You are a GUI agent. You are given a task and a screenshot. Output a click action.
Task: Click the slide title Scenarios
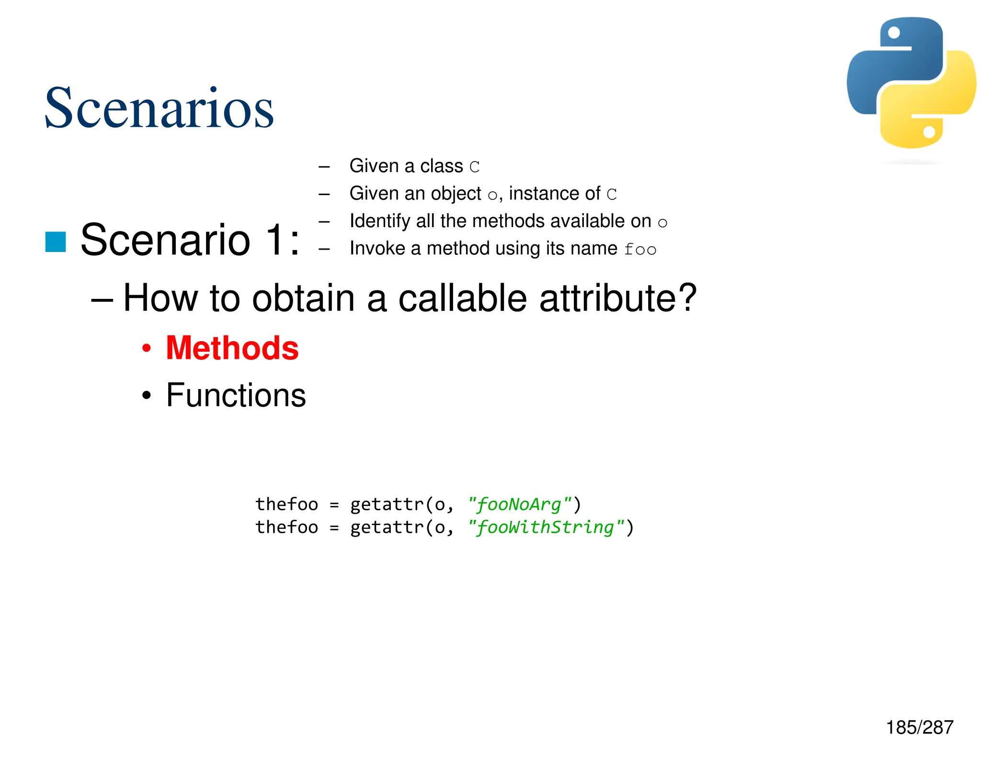[x=159, y=108]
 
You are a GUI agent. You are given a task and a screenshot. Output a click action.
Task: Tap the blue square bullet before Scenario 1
[x=56, y=241]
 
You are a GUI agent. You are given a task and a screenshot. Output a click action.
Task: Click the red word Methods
[x=232, y=348]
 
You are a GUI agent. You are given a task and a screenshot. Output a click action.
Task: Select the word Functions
[x=236, y=395]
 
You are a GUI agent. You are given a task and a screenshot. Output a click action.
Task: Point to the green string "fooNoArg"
[x=520, y=504]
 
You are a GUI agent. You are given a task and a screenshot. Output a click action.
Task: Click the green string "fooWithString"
[x=546, y=527]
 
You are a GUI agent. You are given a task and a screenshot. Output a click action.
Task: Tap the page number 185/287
[x=919, y=727]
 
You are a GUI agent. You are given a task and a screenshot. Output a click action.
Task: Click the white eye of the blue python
[x=894, y=33]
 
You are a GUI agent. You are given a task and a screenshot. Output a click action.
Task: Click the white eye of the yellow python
[x=929, y=132]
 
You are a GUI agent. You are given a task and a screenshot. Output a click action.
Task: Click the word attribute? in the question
[x=618, y=298]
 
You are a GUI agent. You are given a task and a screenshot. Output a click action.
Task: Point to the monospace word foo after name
[x=640, y=249]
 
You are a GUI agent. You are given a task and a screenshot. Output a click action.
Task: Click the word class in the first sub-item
[x=441, y=166]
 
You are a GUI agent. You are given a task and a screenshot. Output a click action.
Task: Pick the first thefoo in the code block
[x=286, y=504]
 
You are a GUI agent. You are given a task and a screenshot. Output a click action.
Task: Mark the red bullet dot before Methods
[x=147, y=348]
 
